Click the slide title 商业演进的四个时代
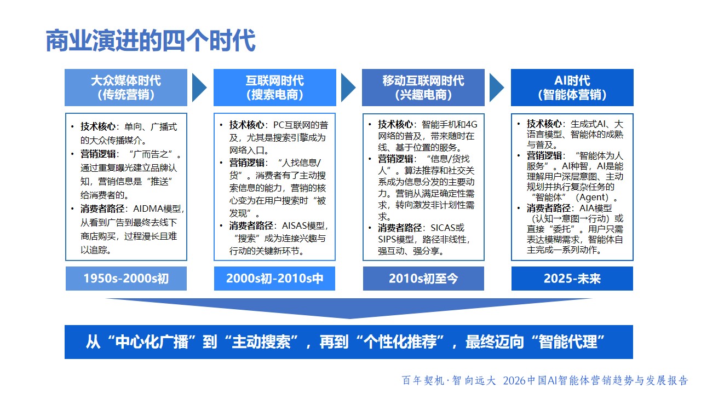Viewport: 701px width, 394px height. point(151,40)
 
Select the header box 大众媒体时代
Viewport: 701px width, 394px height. point(126,88)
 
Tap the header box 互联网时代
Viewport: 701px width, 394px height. point(275,88)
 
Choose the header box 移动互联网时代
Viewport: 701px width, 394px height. point(423,88)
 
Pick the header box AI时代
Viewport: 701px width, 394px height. point(572,88)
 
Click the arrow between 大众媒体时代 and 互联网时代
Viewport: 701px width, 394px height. point(199,88)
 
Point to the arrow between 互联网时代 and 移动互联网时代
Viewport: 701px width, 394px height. point(348,88)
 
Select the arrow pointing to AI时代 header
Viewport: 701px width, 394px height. point(496,88)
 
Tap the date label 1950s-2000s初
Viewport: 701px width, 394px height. point(126,279)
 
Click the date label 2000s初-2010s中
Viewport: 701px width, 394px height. point(274,279)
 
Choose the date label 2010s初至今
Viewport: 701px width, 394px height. point(423,279)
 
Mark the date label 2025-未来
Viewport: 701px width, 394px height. point(572,279)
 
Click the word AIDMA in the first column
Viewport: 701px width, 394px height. point(146,209)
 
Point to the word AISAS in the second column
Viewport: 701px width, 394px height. point(295,226)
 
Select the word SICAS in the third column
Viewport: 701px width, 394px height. point(443,228)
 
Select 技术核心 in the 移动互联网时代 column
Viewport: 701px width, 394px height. point(395,124)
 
